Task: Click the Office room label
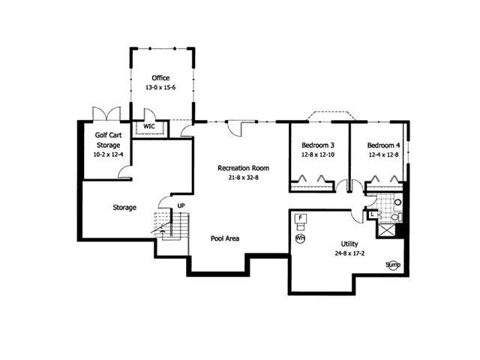coord(160,77)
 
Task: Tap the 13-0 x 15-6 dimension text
coord(160,87)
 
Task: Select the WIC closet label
coord(149,127)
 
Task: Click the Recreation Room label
coord(243,167)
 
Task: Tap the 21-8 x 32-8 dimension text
coord(243,177)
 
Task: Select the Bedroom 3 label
coord(318,145)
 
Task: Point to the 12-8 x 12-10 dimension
coord(318,154)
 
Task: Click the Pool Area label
coord(225,238)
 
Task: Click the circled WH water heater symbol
coord(300,238)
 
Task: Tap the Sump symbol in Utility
coord(392,265)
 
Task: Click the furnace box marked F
coord(301,220)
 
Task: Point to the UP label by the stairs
coord(181,205)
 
